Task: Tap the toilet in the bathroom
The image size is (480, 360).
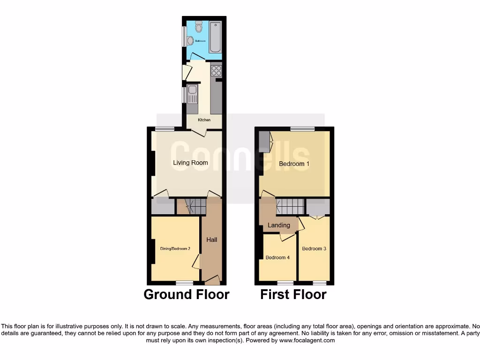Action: click(x=199, y=27)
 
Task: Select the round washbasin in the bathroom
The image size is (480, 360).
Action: click(x=190, y=41)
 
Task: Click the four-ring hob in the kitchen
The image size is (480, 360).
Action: click(x=216, y=70)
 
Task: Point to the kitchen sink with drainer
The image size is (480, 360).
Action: click(x=192, y=96)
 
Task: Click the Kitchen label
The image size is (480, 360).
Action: click(x=204, y=120)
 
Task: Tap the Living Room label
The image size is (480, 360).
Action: click(x=190, y=163)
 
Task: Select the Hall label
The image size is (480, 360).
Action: click(x=212, y=240)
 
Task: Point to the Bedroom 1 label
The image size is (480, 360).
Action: click(x=294, y=164)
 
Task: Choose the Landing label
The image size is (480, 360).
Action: click(x=278, y=225)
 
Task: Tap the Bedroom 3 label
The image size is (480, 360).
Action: click(x=314, y=248)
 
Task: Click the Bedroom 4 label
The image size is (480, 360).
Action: click(x=277, y=257)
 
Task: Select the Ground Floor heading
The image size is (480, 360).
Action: click(x=186, y=294)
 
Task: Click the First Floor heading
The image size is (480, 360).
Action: click(x=293, y=294)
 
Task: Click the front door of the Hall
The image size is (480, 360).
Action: click(x=212, y=281)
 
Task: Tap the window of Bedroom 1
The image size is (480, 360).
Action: click(x=302, y=129)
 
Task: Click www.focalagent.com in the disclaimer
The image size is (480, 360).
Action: click(x=307, y=341)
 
